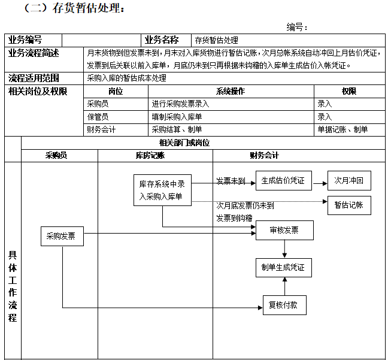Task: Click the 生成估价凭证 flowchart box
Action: click(x=284, y=181)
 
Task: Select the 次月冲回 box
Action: click(x=349, y=181)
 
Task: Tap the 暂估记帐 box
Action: click(x=349, y=205)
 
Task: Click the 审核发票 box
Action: click(x=284, y=230)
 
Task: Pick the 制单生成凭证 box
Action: click(x=284, y=268)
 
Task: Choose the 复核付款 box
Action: click(x=284, y=305)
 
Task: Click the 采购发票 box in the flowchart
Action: click(x=62, y=236)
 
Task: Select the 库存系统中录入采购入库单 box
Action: click(x=162, y=190)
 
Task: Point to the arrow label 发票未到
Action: click(x=231, y=181)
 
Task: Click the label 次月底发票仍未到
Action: click(x=245, y=205)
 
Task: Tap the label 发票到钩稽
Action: click(x=234, y=218)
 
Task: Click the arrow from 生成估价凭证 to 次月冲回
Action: click(x=320, y=183)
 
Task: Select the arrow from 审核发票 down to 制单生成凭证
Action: click(x=284, y=249)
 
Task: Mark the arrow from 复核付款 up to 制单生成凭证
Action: click(x=285, y=286)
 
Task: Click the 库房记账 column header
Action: click(x=150, y=155)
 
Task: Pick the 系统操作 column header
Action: click(x=231, y=91)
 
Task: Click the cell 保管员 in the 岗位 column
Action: click(x=98, y=117)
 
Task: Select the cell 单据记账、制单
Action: click(x=342, y=129)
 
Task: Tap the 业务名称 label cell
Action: click(x=162, y=40)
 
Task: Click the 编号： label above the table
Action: click(x=297, y=27)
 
